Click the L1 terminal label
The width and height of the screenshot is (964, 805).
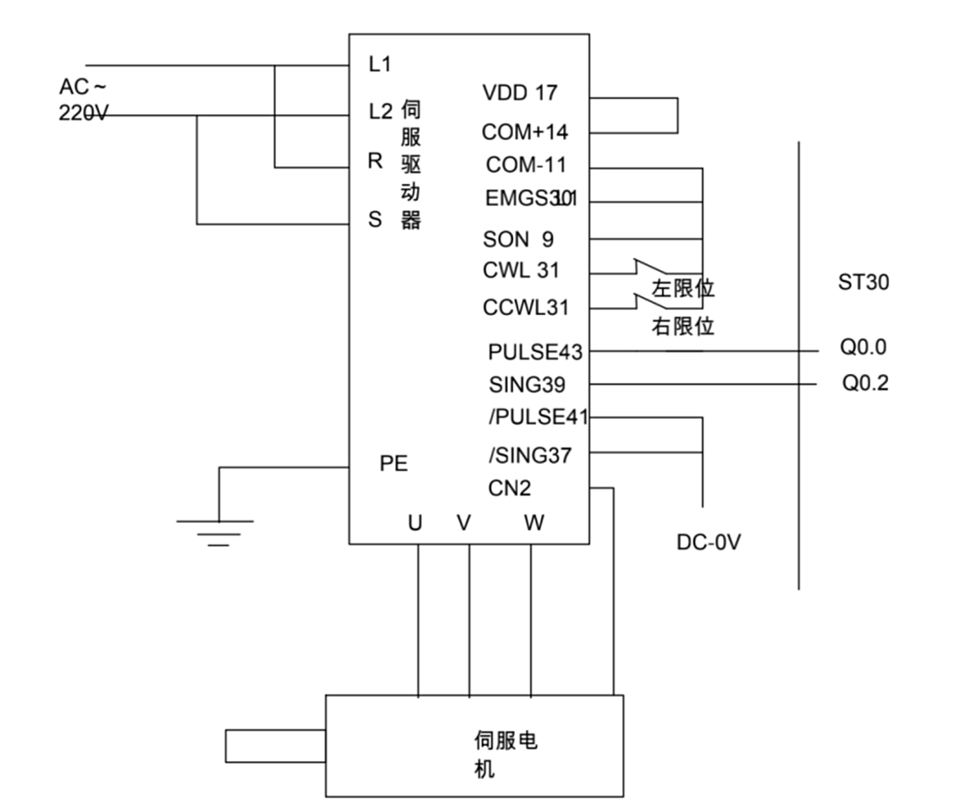coord(379,64)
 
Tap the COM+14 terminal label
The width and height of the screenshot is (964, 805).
coord(525,132)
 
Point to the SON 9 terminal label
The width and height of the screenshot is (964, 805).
coord(518,239)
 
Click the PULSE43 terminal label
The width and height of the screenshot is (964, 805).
coord(535,352)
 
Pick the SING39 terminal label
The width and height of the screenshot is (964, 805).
coord(527,385)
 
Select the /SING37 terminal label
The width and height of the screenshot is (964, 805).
coord(530,456)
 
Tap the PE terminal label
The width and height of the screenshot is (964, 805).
coord(394,464)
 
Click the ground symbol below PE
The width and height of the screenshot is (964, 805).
coord(215,530)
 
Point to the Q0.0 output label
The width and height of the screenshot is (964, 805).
coord(863,347)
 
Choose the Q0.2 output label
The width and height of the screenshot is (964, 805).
coord(865,384)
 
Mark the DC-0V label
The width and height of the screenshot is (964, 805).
coord(709,542)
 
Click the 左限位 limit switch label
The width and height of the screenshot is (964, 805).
coord(684,289)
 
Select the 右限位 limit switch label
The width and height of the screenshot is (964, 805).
coord(683,327)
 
